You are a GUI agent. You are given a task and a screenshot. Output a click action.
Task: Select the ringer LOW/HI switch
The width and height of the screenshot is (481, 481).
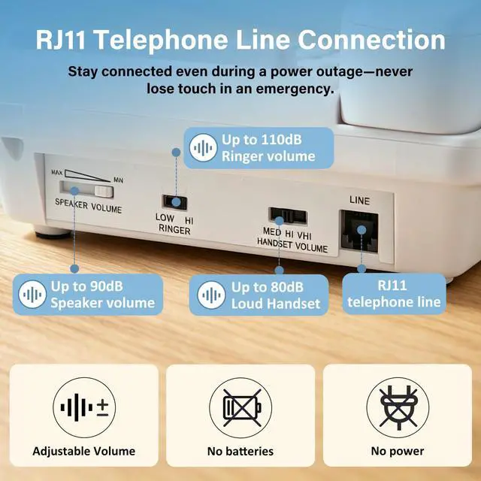tap(175, 202)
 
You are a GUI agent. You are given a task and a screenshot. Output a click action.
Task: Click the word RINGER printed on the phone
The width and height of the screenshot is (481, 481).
tap(174, 231)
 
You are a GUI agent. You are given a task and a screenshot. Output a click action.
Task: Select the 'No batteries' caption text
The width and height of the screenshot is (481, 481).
tap(240, 452)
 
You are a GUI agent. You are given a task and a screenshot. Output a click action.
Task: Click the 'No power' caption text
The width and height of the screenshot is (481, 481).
tap(398, 452)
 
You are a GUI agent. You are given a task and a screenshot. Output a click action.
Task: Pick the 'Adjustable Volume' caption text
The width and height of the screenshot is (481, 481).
tap(83, 452)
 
